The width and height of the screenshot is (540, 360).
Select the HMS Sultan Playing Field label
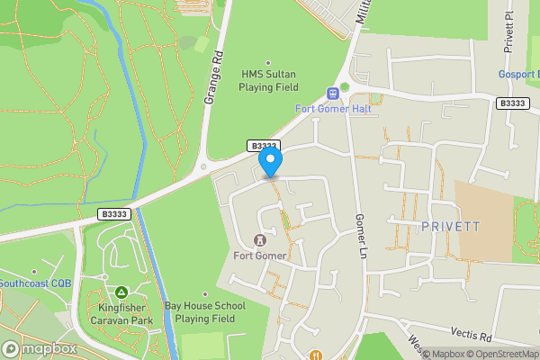click(267, 81)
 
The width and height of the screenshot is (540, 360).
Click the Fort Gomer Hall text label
click(334, 109)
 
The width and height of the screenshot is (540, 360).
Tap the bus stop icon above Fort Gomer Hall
click(334, 93)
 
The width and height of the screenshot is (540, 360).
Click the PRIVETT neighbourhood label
click(451, 227)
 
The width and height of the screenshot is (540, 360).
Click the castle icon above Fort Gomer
click(260, 240)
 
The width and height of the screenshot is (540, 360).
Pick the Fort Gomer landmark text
click(260, 256)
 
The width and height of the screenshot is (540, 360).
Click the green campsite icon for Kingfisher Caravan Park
click(121, 292)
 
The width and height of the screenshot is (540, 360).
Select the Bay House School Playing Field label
click(206, 312)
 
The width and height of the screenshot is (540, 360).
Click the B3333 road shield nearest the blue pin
click(264, 146)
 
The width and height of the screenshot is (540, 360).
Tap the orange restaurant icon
click(315, 355)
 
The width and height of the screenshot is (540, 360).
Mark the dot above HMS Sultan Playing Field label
click(267, 61)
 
